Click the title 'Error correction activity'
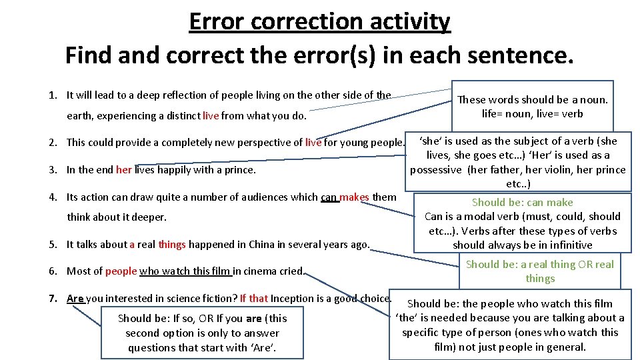click(x=320, y=21)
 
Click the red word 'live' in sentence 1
click(x=211, y=116)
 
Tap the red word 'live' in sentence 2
click(x=313, y=142)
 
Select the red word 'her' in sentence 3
click(x=124, y=169)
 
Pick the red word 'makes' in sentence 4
click(x=354, y=197)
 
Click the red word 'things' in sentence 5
click(x=172, y=244)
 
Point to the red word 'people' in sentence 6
click(x=121, y=271)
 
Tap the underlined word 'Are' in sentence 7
click(x=75, y=298)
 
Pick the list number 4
click(x=53, y=197)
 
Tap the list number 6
click(x=53, y=271)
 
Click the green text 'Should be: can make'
click(x=522, y=202)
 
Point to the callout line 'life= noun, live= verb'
click(x=532, y=113)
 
